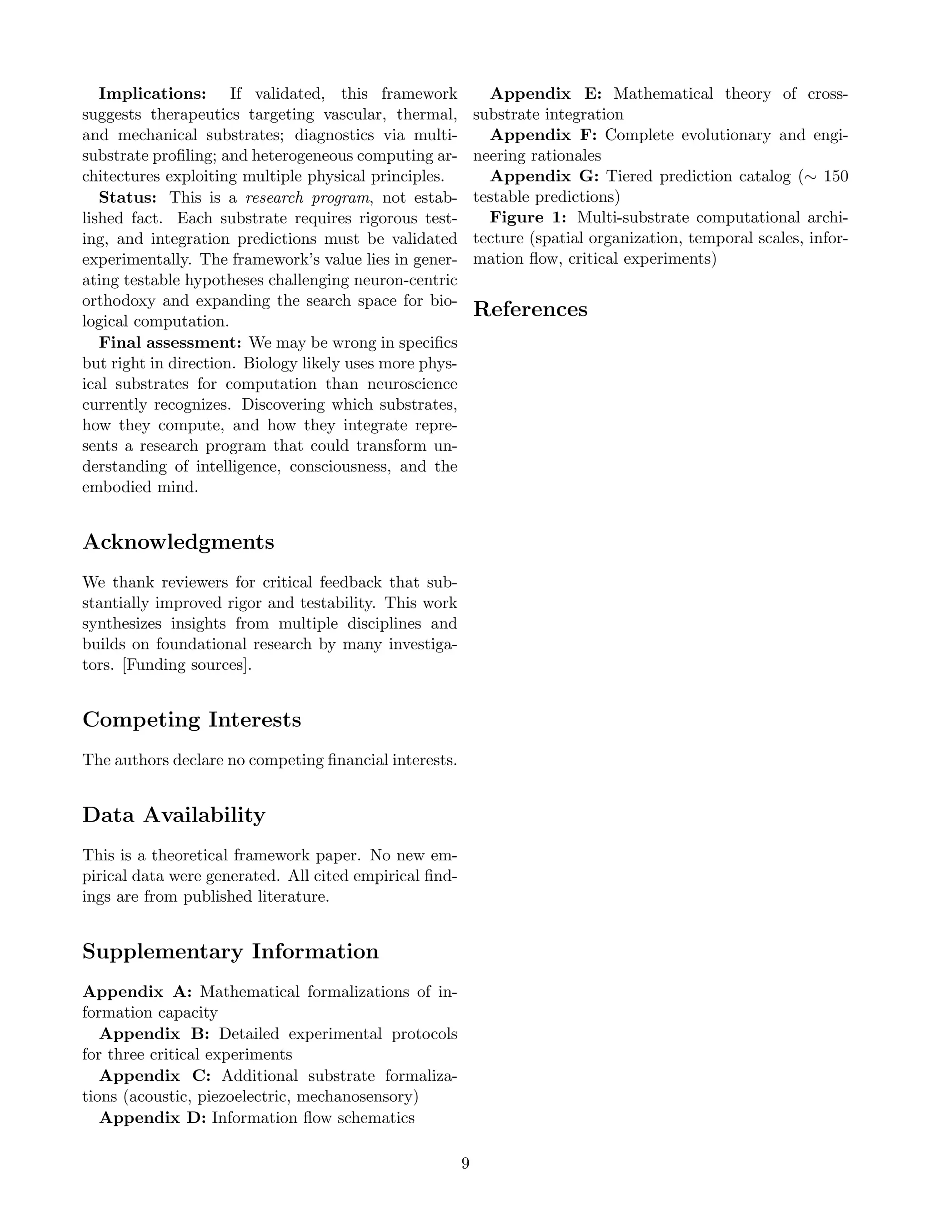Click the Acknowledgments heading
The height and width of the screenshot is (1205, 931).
178,542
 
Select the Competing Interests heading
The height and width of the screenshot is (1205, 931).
191,719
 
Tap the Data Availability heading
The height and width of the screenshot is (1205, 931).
174,815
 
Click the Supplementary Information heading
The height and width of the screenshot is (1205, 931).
230,951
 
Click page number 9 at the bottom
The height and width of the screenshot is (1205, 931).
465,1163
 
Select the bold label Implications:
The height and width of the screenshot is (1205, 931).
153,94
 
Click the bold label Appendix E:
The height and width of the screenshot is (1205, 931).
546,94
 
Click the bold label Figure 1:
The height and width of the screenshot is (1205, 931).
528,218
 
